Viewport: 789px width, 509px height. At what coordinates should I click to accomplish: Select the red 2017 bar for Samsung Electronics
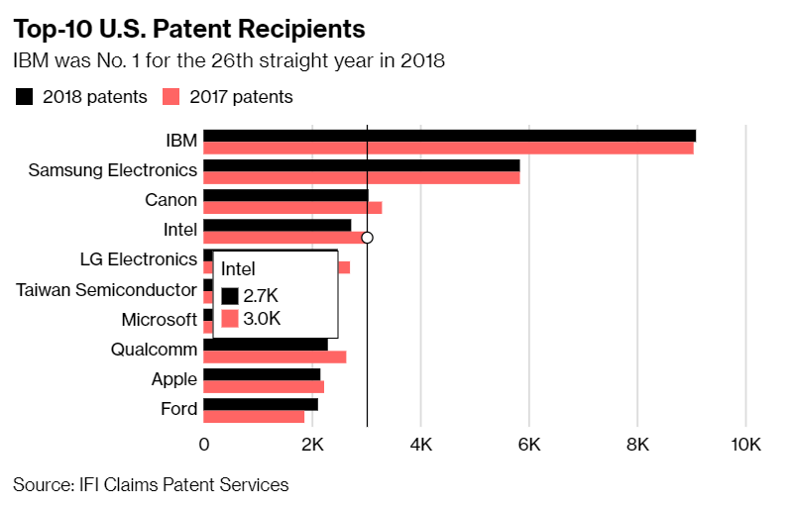pos(362,178)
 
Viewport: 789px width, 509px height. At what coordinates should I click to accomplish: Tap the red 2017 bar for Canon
pos(292,208)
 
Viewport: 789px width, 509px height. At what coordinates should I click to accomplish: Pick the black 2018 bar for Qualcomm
pos(265,345)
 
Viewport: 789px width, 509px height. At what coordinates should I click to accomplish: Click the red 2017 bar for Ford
pos(254,417)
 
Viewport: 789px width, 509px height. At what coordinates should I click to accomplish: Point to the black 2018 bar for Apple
pos(262,374)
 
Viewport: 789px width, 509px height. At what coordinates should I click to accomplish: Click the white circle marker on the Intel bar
pos(367,238)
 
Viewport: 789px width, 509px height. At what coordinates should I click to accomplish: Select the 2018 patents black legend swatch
pos(25,96)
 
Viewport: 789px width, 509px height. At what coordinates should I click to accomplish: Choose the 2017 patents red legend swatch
pos(170,96)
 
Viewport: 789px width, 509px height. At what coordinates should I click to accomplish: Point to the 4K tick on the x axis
pos(420,445)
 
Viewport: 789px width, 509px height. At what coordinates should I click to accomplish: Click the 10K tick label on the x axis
pos(744,445)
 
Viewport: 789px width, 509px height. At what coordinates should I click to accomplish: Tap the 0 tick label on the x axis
pos(204,445)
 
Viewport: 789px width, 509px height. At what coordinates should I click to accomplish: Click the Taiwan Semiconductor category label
pos(106,290)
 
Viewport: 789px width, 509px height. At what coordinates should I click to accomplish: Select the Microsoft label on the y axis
pos(159,320)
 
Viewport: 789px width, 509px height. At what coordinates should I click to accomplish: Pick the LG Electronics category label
pos(138,259)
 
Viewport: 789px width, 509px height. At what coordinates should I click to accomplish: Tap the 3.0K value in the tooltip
pos(262,319)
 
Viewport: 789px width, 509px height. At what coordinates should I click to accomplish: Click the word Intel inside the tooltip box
pos(238,268)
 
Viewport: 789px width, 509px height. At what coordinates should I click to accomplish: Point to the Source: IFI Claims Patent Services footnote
pos(151,484)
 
